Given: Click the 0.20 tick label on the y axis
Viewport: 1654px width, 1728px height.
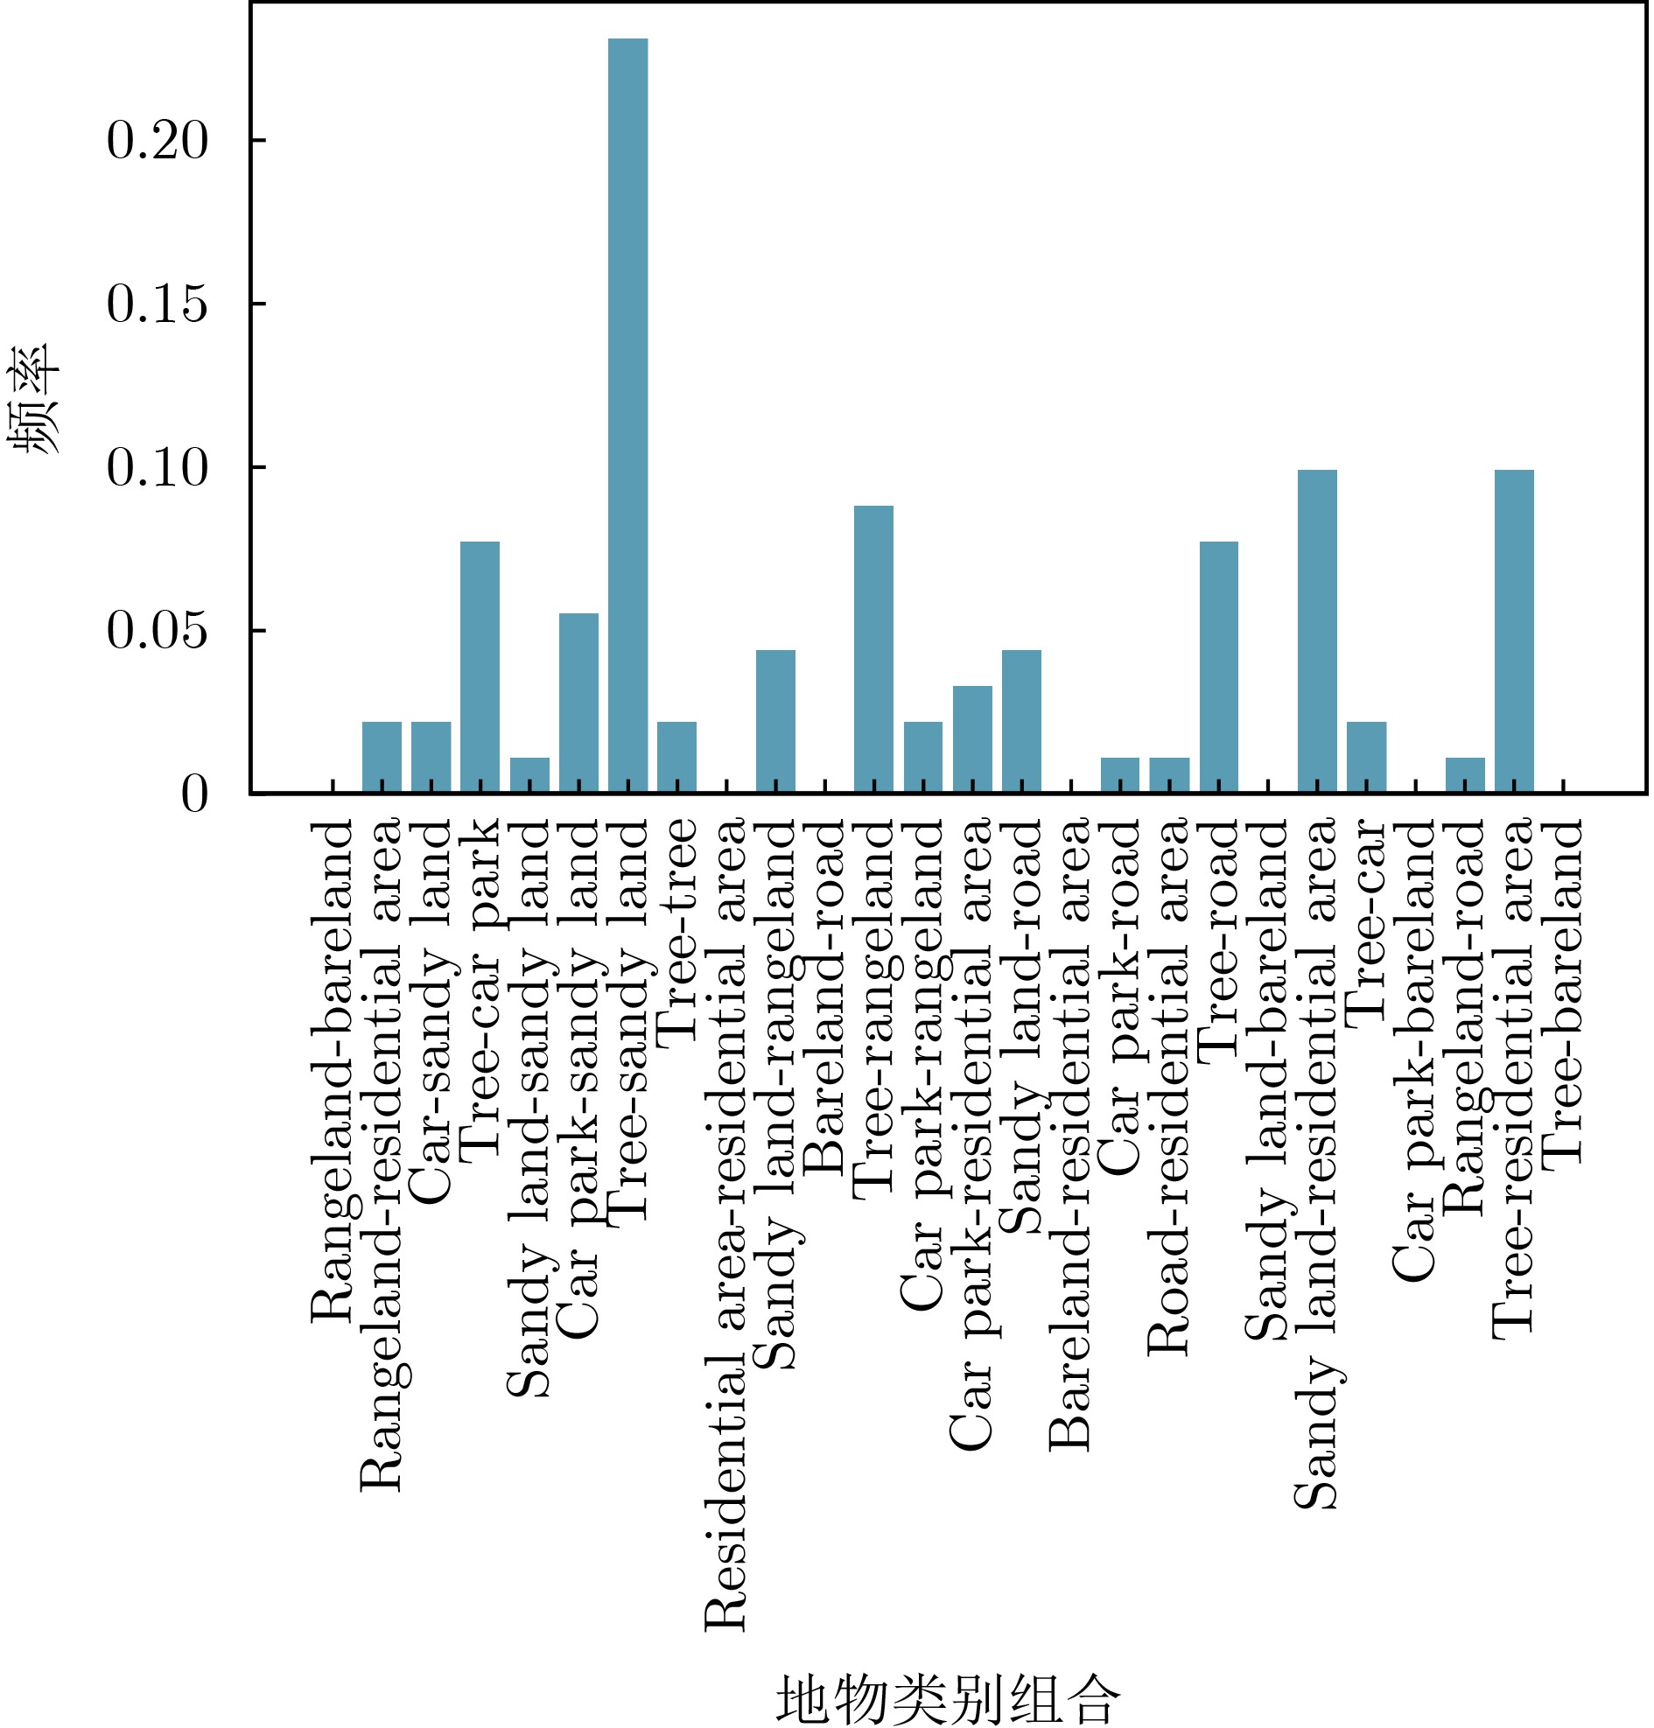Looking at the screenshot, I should [x=158, y=140].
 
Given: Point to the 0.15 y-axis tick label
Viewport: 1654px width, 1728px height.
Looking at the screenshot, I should [x=158, y=304].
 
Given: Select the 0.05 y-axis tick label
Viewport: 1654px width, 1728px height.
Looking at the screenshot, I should [x=158, y=631].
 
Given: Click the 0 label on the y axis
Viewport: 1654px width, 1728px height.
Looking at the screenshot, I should [x=195, y=794].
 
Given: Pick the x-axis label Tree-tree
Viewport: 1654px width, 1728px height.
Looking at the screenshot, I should [x=678, y=931].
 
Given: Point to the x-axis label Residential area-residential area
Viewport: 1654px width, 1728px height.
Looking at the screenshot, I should [x=727, y=1225].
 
